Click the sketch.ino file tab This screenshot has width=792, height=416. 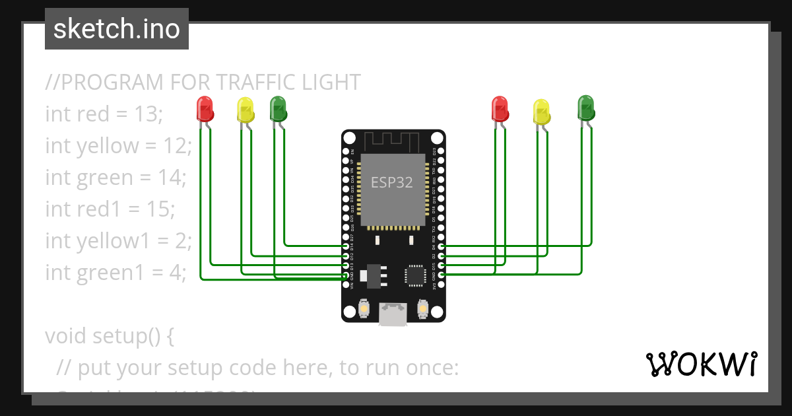(x=117, y=29)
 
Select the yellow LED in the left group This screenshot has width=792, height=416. (x=246, y=110)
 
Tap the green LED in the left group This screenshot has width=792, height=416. (x=278, y=108)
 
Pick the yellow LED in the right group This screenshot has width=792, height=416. (x=541, y=111)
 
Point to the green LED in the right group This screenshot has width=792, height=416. (x=586, y=107)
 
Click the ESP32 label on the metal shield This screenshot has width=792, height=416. (x=392, y=183)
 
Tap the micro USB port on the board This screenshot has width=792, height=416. (x=393, y=314)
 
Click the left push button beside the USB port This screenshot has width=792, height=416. (x=363, y=308)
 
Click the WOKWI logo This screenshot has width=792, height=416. (x=701, y=364)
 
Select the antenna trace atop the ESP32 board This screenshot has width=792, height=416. (x=392, y=141)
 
